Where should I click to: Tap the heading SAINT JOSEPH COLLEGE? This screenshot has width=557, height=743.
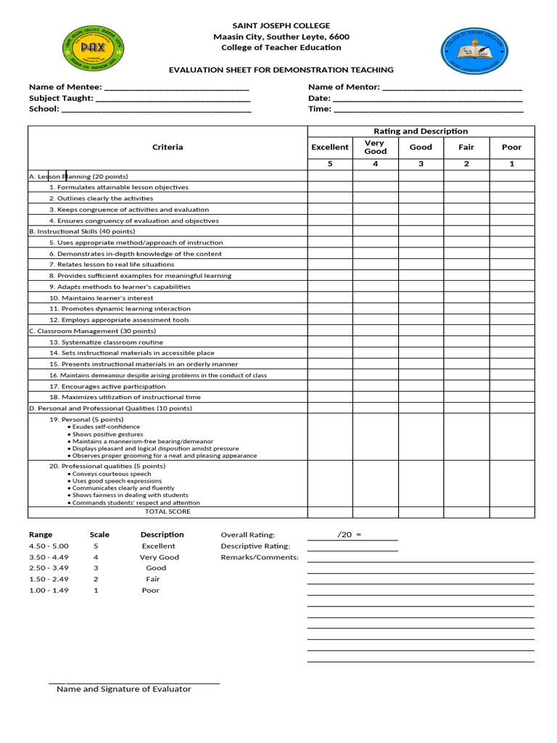click(x=281, y=25)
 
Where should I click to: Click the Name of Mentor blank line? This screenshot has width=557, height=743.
click(x=452, y=87)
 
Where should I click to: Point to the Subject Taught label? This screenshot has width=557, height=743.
click(x=61, y=98)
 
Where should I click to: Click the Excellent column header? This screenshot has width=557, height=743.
click(x=330, y=147)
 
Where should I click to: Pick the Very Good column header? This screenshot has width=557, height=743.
click(x=375, y=147)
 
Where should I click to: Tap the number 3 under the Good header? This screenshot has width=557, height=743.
click(x=421, y=164)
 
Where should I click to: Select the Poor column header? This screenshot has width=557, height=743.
click(x=511, y=147)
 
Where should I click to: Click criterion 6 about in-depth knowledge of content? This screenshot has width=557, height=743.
click(x=136, y=254)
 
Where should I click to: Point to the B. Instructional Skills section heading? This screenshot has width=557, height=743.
click(x=81, y=231)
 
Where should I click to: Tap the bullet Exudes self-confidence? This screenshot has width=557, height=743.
click(x=106, y=427)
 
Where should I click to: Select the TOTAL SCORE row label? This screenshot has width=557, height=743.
click(x=168, y=512)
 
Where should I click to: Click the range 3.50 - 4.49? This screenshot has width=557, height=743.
click(x=48, y=557)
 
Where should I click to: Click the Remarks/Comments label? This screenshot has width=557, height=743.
click(x=260, y=557)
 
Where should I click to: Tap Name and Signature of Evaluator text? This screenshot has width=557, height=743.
click(x=124, y=689)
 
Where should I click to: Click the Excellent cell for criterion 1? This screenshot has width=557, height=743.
click(x=330, y=187)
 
